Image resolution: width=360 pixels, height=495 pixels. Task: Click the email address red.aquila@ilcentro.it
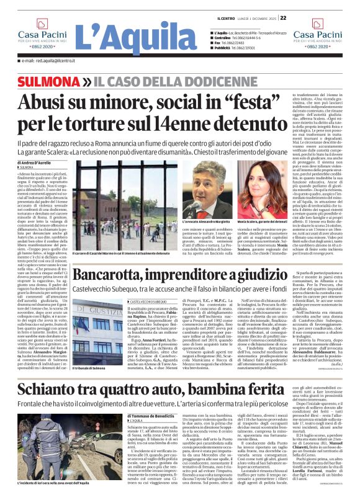click(47, 60)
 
